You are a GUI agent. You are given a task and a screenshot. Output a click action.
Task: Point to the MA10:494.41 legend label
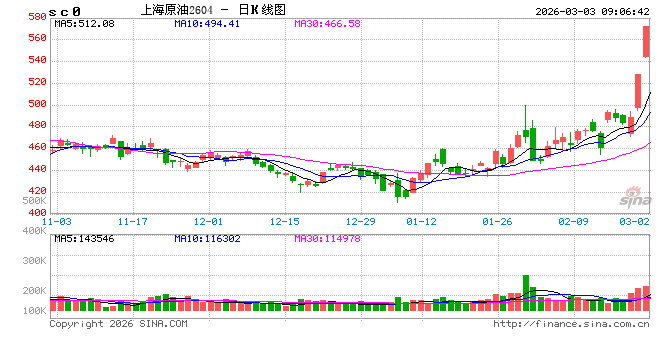[204, 22]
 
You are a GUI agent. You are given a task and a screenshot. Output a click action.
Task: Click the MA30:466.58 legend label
[324, 22]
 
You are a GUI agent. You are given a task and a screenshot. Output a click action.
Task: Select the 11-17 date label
[132, 220]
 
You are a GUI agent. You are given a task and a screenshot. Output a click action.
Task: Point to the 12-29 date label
[360, 220]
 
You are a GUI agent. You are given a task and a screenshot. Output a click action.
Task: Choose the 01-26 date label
[497, 220]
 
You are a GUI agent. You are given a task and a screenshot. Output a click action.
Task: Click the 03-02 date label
[636, 220]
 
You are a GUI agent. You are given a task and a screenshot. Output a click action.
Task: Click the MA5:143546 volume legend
[84, 238]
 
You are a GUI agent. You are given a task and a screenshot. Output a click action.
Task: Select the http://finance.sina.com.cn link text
[571, 324]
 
